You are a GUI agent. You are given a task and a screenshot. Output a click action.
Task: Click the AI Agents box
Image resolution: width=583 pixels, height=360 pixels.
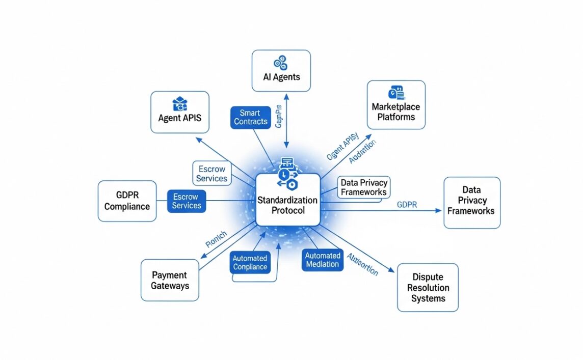pos(281,71)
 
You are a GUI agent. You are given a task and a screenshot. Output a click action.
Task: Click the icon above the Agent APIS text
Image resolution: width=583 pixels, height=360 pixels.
pos(180,104)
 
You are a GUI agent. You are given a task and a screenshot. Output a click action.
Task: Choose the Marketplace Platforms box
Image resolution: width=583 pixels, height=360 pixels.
pos(396,104)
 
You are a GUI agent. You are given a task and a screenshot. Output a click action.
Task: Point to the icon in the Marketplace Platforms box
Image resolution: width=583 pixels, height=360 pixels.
pos(395,93)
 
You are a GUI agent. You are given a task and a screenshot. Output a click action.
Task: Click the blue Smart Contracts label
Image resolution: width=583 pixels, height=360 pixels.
pos(250,117)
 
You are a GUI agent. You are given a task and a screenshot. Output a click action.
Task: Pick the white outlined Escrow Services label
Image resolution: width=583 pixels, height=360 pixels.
pos(211,173)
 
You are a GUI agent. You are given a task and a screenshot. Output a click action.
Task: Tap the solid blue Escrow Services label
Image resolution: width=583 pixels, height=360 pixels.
pos(187,201)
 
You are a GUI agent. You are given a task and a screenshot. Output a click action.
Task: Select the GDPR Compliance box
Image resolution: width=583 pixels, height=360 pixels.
pos(127,201)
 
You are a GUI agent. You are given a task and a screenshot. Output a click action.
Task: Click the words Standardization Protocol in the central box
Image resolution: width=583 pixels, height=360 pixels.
pos(287,205)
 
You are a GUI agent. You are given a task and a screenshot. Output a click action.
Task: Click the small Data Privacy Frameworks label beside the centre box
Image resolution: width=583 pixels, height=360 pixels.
pos(364,187)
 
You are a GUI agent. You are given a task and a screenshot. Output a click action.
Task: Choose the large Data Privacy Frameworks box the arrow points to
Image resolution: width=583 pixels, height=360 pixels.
pos(472,202)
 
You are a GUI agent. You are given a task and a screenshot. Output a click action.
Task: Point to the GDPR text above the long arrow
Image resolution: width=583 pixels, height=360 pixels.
pos(407,205)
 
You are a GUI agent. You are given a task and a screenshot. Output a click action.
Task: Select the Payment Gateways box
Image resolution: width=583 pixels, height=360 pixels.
pos(170,280)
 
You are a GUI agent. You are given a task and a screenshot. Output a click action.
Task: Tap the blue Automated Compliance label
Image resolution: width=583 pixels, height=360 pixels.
pos(250,263)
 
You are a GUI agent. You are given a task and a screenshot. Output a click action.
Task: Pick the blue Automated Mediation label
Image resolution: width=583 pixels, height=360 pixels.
pos(323,260)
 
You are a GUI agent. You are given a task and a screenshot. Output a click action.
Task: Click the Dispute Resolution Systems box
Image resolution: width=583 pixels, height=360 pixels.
pos(428,287)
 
